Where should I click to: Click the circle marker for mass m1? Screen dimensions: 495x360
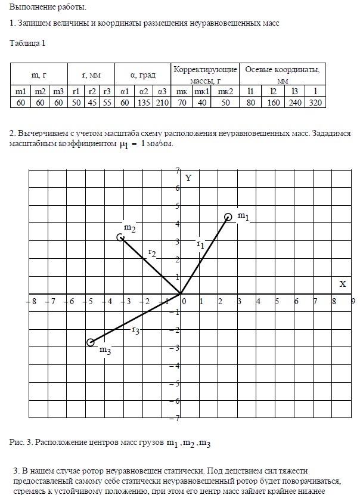tap(228, 217)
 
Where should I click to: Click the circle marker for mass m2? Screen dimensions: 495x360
tap(120, 237)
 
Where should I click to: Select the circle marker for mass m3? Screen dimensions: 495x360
tap(91, 342)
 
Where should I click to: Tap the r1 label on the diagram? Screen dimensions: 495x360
tap(200, 243)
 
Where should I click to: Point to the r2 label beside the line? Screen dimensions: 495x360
tap(152, 253)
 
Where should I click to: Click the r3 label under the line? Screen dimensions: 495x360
tap(135, 330)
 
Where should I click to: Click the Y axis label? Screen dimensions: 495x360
tap(188, 178)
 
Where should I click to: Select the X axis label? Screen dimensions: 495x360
tap(343, 284)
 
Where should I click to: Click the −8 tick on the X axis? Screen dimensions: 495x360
tap(33, 302)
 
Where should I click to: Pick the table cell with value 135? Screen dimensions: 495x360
tap(144, 102)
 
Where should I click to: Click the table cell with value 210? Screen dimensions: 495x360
tap(162, 102)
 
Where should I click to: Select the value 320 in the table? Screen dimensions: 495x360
tap(315, 102)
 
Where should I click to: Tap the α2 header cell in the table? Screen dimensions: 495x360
tap(144, 91)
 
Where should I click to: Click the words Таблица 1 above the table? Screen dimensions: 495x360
tap(28, 43)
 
